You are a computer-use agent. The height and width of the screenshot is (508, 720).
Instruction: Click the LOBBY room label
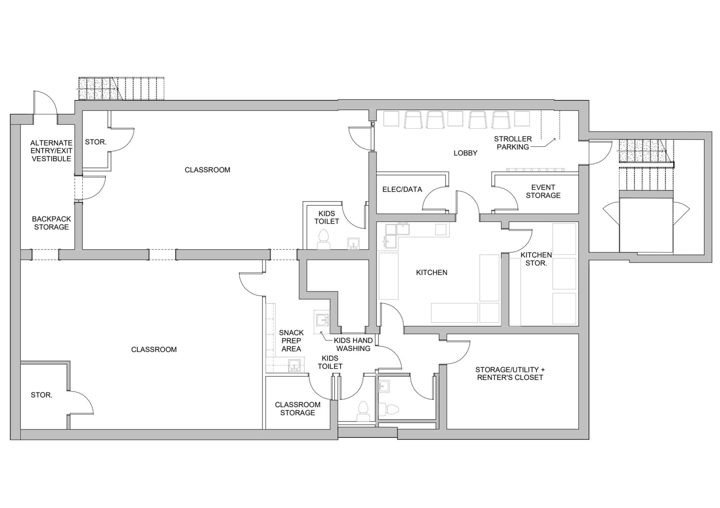[465, 153]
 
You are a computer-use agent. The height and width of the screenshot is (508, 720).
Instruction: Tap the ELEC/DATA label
[402, 189]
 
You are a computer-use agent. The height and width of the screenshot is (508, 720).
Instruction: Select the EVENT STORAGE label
[543, 191]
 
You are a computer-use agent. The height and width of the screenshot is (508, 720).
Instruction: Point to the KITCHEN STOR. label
[536, 259]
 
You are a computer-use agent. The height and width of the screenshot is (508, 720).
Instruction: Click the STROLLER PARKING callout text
[513, 143]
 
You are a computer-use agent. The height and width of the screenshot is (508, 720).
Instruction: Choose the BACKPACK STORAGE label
[51, 223]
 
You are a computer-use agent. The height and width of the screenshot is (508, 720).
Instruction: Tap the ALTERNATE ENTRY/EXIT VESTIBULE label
[51, 151]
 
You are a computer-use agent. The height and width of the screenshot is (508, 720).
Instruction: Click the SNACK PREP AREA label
[291, 341]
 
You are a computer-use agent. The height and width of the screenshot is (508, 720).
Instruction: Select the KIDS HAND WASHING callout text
[353, 344]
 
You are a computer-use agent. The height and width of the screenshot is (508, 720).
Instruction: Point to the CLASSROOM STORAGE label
[298, 409]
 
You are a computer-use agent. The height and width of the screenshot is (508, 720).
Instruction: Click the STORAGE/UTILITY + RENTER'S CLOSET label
[510, 373]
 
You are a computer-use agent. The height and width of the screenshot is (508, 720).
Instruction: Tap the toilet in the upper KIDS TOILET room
[324, 239]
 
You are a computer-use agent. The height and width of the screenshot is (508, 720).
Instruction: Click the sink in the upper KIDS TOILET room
[353, 243]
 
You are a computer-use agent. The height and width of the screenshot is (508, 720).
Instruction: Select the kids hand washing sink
[322, 320]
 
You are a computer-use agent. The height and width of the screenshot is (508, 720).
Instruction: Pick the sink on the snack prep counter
[294, 365]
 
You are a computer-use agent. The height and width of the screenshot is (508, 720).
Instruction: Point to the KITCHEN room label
[432, 273]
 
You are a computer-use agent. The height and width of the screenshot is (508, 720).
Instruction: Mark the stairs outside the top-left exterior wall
[121, 89]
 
